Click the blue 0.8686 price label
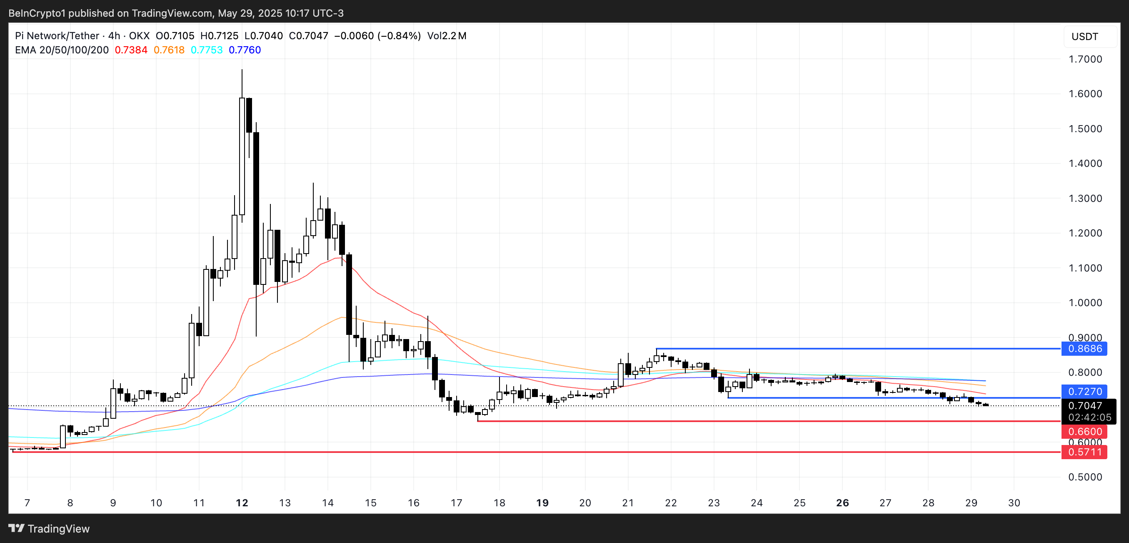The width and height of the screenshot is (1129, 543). click(1084, 349)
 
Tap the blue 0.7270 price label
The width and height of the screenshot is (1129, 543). click(1084, 391)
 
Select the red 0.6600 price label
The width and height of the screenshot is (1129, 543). click(1084, 432)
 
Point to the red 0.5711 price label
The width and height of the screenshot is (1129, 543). click(1084, 452)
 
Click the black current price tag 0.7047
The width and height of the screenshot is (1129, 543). click(1084, 406)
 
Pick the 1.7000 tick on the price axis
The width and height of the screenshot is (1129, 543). click(1085, 59)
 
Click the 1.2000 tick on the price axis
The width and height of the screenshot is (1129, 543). click(1085, 233)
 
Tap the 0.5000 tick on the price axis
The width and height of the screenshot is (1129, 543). click(1085, 477)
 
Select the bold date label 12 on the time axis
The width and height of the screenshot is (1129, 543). click(242, 503)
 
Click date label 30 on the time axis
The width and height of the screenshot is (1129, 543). click(1014, 503)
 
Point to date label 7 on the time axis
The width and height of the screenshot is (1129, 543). click(27, 503)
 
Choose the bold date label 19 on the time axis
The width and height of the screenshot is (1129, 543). click(542, 503)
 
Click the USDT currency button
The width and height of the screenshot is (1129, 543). click(1085, 36)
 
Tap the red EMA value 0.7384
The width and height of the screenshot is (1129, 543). click(131, 50)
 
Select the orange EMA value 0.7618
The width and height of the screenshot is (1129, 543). click(169, 50)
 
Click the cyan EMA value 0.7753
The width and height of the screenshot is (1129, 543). click(207, 50)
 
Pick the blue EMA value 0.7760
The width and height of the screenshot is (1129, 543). click(245, 50)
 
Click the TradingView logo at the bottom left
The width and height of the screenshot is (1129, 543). click(49, 528)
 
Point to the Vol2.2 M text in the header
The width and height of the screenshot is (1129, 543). click(447, 36)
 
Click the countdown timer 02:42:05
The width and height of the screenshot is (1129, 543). click(1089, 417)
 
